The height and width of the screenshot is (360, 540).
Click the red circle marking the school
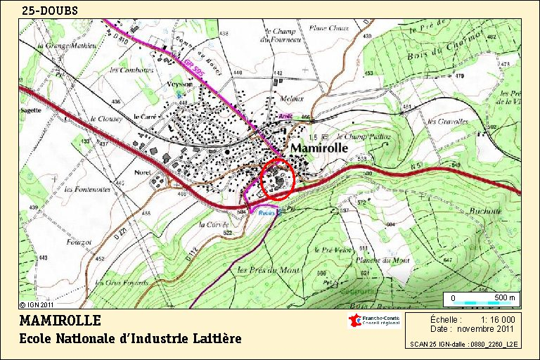pos(278,180)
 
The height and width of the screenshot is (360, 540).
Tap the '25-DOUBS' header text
pos(50,11)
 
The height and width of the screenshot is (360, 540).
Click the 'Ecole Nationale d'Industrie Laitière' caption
pos(130,339)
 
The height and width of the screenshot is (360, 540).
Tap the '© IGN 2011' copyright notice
pos(36,305)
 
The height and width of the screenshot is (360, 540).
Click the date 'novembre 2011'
pos(485,328)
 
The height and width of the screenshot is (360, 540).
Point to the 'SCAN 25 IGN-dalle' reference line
pos(464,345)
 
